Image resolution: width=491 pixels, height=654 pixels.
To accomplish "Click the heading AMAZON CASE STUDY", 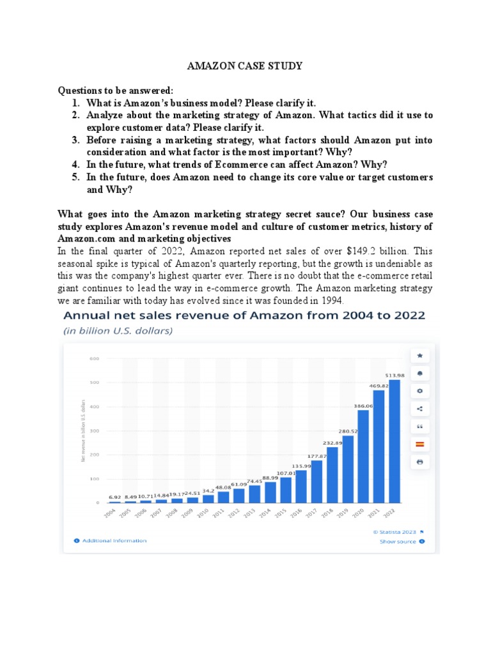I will click(x=244, y=66).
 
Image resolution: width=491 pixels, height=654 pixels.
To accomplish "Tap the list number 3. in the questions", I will click(x=75, y=140).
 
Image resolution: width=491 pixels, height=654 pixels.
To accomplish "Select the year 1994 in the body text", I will click(x=332, y=301).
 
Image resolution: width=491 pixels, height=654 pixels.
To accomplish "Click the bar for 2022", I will click(x=394, y=441).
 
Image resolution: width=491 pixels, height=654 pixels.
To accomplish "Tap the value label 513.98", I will click(x=394, y=374).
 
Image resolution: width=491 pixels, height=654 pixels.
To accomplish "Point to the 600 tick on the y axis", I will click(x=94, y=359).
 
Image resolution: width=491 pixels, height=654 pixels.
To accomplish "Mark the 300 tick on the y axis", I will click(x=94, y=431).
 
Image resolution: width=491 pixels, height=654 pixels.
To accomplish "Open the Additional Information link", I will click(x=114, y=540).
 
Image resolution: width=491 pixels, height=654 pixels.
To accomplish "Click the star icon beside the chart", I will click(x=419, y=355).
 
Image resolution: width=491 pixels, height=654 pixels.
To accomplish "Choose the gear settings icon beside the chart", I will click(x=419, y=390).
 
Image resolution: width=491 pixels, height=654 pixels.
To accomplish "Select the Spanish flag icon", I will click(x=419, y=443).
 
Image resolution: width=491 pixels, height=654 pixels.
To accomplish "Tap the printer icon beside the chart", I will click(x=419, y=461).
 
